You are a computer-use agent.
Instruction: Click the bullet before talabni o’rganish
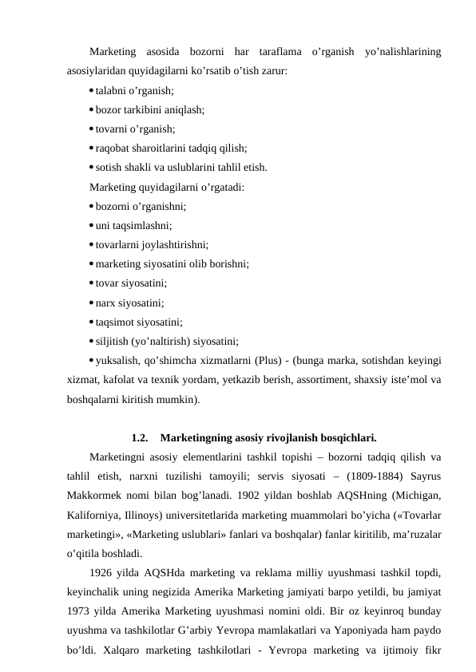tap(92, 92)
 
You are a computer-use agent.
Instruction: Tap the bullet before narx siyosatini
tap(92, 303)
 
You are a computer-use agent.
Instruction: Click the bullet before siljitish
tap(92, 342)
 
